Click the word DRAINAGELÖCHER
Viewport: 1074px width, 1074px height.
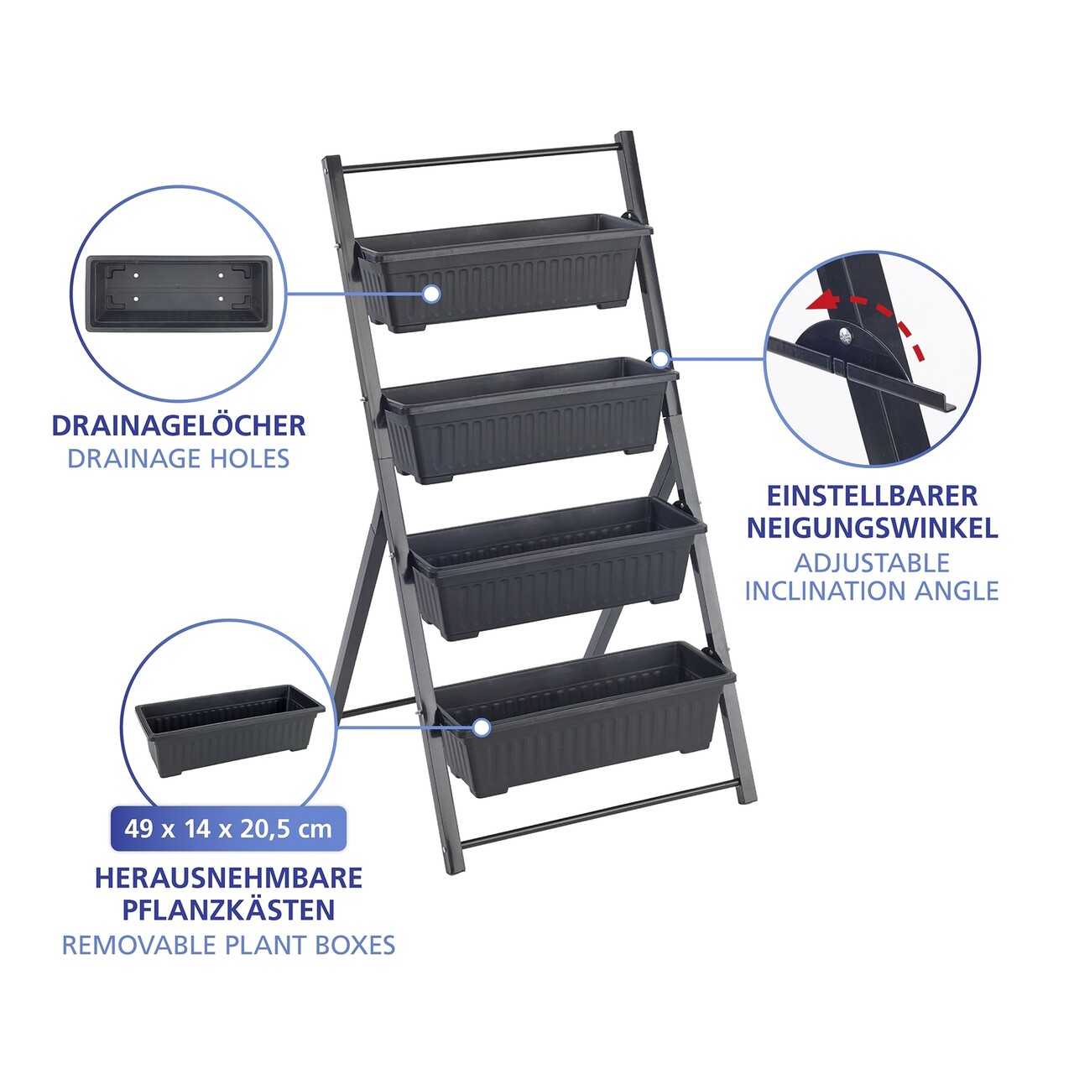pyautogui.click(x=179, y=425)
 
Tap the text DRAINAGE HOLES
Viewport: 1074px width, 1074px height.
pyautogui.click(x=179, y=459)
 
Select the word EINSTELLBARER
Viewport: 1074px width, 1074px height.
pyautogui.click(x=873, y=496)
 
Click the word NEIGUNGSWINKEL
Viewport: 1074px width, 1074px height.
pyautogui.click(x=873, y=528)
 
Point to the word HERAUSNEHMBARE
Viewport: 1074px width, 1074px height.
pyautogui.click(x=228, y=878)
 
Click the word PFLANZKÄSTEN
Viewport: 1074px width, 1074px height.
pyautogui.click(x=228, y=910)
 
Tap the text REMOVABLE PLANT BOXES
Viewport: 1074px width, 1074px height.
pyautogui.click(x=228, y=946)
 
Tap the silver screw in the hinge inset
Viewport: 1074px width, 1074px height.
pyautogui.click(x=847, y=335)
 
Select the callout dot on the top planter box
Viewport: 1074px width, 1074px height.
pyautogui.click(x=430, y=294)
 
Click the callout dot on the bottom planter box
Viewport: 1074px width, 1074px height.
pyautogui.click(x=482, y=727)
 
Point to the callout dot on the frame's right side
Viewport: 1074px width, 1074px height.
pyautogui.click(x=660, y=359)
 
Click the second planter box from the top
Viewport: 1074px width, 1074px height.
pyautogui.click(x=529, y=420)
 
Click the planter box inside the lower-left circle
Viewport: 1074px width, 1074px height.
pyautogui.click(x=230, y=731)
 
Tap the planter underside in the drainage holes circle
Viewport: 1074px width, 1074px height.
pyautogui.click(x=179, y=294)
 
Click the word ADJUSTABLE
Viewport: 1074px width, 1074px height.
pyautogui.click(x=872, y=563)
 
